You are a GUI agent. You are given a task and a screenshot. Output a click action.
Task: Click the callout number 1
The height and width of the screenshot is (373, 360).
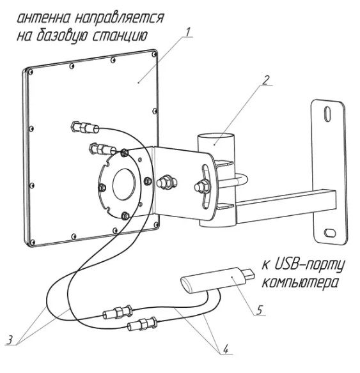coord(189,33)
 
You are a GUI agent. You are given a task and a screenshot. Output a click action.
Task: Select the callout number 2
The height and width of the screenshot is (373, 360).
coord(266,80)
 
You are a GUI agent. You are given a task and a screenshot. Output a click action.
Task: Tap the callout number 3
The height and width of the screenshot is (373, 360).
coord(10,339)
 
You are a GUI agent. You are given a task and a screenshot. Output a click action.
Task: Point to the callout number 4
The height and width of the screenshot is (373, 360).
coord(226,349)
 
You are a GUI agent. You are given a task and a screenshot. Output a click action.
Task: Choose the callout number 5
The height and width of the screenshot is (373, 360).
coord(259,310)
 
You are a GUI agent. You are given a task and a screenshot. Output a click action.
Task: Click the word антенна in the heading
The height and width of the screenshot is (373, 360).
coord(44,19)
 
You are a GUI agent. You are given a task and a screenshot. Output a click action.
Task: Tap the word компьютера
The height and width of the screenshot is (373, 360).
coord(300,283)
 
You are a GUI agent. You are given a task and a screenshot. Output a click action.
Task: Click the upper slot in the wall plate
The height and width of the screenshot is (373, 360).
coord(328,114)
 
